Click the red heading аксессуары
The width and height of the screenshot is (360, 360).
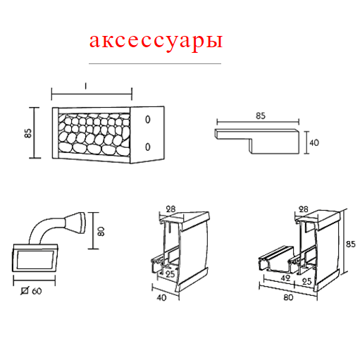pos(156,42)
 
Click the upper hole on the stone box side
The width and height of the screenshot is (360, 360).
pos(148,120)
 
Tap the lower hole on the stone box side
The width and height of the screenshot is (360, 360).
pos(148,147)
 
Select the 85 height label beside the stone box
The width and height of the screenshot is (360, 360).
pos(28,133)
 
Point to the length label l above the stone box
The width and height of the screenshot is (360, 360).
pos(86,86)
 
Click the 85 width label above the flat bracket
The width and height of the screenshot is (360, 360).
pos(261,116)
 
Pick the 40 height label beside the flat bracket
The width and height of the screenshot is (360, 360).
pos(314,142)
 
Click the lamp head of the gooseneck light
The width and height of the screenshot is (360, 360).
pos(75,223)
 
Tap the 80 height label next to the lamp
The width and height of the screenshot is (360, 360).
pos(101,231)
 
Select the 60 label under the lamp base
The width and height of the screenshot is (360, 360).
pos(37,291)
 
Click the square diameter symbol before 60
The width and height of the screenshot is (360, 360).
pos(25,291)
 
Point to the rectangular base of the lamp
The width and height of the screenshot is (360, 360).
pos(35,258)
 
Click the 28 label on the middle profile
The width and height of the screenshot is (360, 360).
pos(170,209)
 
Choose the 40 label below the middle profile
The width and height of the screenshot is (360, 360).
pos(161,298)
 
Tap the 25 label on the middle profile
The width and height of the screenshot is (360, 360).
pos(170,274)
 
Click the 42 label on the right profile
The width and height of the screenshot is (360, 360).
pos(285,278)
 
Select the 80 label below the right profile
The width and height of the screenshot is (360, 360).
pos(288,297)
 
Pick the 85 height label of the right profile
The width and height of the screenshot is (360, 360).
pos(351,244)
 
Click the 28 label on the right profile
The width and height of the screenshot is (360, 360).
pos(304,209)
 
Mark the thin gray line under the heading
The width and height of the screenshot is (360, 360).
pos(155,63)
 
